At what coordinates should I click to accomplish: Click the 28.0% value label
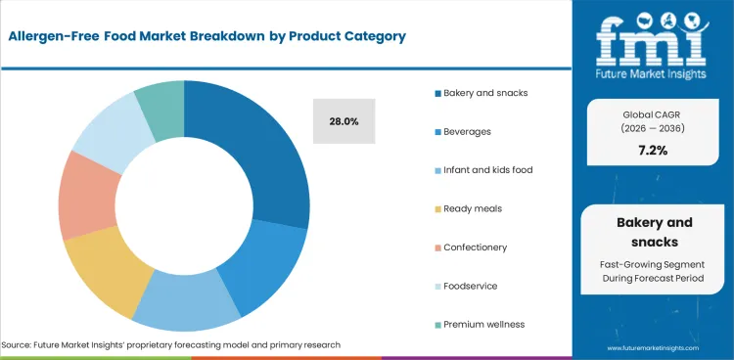tap(344, 121)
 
